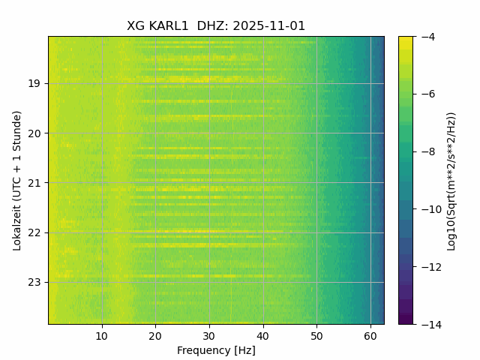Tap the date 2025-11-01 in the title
[x=269, y=26]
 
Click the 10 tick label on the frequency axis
[x=102, y=337]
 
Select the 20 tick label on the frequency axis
[x=156, y=337]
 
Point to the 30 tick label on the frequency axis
[x=209, y=337]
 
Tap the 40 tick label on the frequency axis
[x=263, y=337]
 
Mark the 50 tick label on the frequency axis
[x=316, y=337]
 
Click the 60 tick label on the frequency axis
[x=370, y=337]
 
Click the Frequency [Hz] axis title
[x=216, y=350]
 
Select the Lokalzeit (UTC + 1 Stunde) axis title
[x=17, y=180]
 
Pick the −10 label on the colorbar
[x=428, y=209]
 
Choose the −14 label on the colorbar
[x=428, y=324]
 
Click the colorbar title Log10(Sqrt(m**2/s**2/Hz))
[x=451, y=180]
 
